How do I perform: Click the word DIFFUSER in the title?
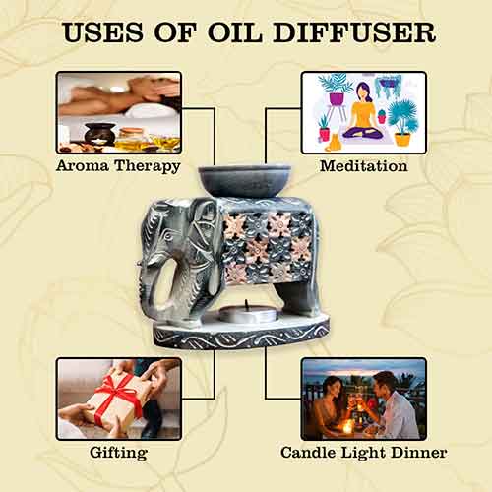[354, 32]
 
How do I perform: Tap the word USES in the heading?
[103, 32]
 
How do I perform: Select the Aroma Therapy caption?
[118, 166]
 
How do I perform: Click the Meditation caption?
[364, 165]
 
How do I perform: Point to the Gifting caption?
[118, 453]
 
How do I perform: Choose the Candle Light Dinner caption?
[364, 453]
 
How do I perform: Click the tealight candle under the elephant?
[248, 313]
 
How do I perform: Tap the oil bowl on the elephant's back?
[245, 181]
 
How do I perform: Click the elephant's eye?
[168, 235]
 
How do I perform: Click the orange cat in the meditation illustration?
[334, 143]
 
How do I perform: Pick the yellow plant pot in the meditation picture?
[402, 139]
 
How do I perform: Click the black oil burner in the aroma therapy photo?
[99, 135]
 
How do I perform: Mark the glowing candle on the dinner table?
[347, 426]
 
